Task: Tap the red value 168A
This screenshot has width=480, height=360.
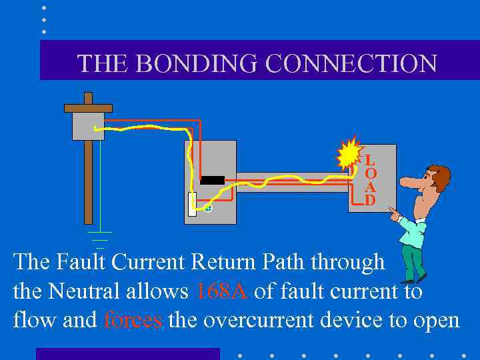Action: (x=222, y=291)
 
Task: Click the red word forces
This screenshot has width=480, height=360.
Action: (x=133, y=320)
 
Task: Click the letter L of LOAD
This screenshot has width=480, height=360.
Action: (x=369, y=161)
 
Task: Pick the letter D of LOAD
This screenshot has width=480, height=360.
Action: (x=369, y=200)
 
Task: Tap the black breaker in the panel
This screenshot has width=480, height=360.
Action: (x=213, y=180)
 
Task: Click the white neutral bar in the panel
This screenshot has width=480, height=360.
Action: (x=192, y=204)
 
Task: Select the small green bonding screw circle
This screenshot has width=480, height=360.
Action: (x=208, y=209)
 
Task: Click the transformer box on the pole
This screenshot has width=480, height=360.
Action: (x=88, y=125)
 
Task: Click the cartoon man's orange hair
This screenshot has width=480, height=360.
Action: (x=441, y=175)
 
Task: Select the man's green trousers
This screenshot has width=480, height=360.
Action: (x=413, y=263)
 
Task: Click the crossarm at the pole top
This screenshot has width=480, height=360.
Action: (x=88, y=107)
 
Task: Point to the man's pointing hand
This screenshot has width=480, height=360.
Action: (x=395, y=214)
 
